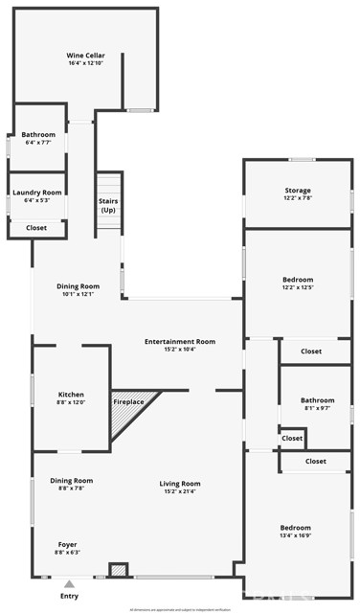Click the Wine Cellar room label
(x=85, y=56)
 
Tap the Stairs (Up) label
(x=108, y=206)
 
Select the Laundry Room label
(x=36, y=193)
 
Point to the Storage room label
(x=298, y=191)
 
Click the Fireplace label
(x=128, y=401)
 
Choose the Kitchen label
(x=71, y=395)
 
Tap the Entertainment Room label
(x=179, y=342)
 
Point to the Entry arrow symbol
(x=69, y=581)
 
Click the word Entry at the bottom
(x=69, y=596)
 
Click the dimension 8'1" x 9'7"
(x=317, y=409)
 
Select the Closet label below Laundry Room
(x=36, y=228)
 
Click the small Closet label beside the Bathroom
(x=292, y=438)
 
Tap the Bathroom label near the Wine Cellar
(x=38, y=135)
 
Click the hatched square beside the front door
(x=119, y=570)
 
